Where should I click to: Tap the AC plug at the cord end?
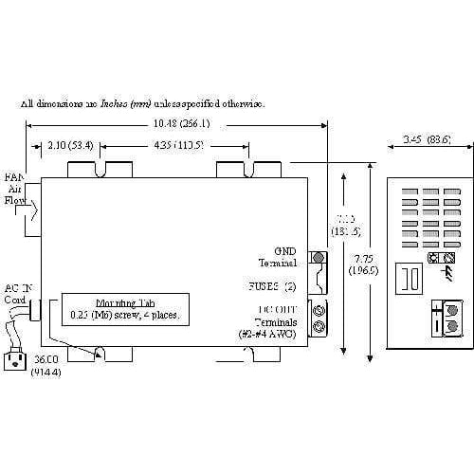tap(17, 357)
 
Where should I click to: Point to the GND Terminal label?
tap(279, 257)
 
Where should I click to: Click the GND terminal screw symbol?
tap(319, 257)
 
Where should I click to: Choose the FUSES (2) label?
tap(275, 283)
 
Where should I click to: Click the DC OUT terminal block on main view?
tap(319, 317)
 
